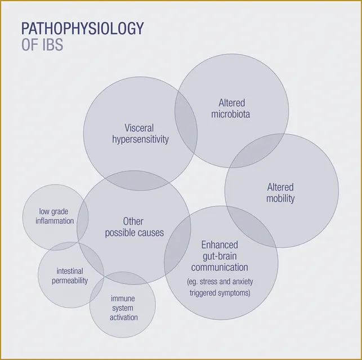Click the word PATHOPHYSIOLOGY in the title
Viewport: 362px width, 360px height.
tap(83, 28)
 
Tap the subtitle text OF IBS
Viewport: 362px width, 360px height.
tap(42, 45)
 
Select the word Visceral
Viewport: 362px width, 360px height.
tap(139, 128)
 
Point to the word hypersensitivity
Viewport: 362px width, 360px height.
tap(140, 140)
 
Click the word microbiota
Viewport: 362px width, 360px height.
tap(231, 114)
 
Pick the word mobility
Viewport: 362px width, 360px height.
tap(280, 198)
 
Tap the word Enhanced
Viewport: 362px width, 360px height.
tap(220, 245)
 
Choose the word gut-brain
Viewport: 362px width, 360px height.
tap(220, 256)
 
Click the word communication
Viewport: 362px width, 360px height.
tap(220, 268)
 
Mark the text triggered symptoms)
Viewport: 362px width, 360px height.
tap(220, 293)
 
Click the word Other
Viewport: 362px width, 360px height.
tap(133, 221)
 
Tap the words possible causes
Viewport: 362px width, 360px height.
tap(135, 233)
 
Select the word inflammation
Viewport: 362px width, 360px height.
tap(55, 221)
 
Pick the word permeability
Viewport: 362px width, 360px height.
tap(70, 281)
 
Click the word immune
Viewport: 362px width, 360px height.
tap(123, 299)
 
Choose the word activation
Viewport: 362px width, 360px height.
tap(124, 318)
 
